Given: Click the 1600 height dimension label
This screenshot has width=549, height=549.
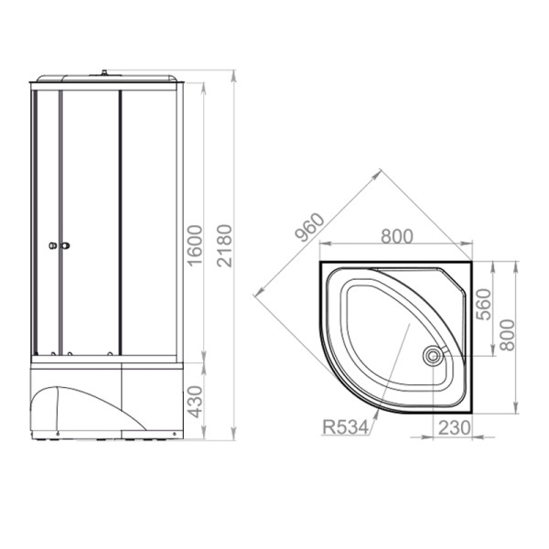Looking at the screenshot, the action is tap(195, 245).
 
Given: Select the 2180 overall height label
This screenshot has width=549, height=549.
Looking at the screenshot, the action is tap(224, 245).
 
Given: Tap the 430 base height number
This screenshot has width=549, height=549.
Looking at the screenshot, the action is tap(195, 402).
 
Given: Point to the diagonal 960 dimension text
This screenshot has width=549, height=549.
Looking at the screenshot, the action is tap(309, 227).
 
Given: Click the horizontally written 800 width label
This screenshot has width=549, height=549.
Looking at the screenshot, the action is tap(397, 236).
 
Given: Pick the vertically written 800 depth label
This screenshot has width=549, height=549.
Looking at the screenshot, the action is tap(507, 335).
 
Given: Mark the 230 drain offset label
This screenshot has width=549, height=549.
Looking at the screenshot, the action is tap(454, 427).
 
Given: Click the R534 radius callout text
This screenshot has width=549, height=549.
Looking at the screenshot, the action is tap(345, 427).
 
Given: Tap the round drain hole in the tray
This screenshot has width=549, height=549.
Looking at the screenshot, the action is tap(434, 356).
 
